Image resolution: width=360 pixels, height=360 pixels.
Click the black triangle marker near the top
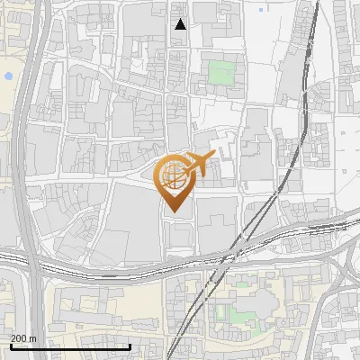180,24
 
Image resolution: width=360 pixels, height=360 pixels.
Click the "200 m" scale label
22,338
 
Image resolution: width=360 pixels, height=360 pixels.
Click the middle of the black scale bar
70,346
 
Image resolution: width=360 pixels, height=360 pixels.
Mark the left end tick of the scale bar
11,345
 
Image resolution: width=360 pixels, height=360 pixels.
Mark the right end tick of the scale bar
130,345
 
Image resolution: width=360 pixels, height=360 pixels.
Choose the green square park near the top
220,72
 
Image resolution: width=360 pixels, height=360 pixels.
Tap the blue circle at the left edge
7,76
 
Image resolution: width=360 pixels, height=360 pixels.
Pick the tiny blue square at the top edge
261,10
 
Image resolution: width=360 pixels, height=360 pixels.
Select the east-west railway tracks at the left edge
9,257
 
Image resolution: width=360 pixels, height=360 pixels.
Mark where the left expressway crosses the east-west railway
34,263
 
